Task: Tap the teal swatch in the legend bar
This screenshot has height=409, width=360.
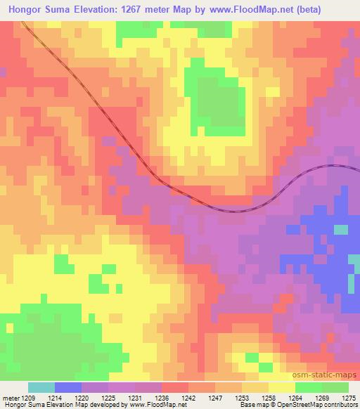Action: coord(41,387)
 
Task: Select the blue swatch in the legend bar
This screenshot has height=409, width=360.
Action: coord(68,387)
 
